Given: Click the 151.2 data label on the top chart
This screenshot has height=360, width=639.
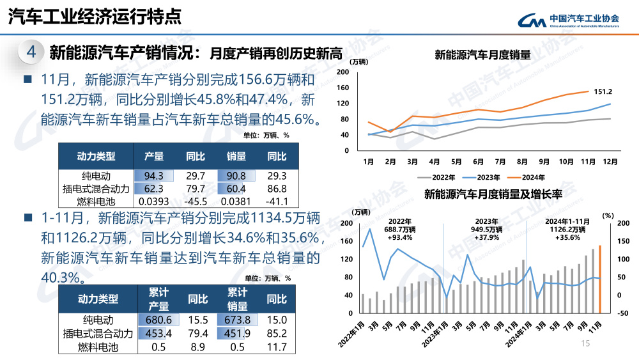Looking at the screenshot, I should pos(603,91).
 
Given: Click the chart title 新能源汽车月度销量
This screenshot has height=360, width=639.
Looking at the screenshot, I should pos(482,55).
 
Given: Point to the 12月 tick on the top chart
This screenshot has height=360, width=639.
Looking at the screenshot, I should pos(610,162).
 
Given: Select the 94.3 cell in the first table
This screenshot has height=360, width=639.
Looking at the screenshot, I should pos(154,176).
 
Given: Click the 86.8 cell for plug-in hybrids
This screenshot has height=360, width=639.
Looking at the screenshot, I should pos(276,189).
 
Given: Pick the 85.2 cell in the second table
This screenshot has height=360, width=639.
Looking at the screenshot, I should pos(276,333).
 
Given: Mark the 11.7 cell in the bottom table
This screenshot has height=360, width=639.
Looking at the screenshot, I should pos(276,347).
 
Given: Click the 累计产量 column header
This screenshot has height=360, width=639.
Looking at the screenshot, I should pos(158,299).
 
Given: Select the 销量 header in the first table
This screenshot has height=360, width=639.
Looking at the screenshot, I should pos(236,156).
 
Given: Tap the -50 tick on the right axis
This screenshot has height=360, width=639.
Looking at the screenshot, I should pos(624,313).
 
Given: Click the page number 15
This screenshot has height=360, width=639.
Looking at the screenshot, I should pos(584,344).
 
